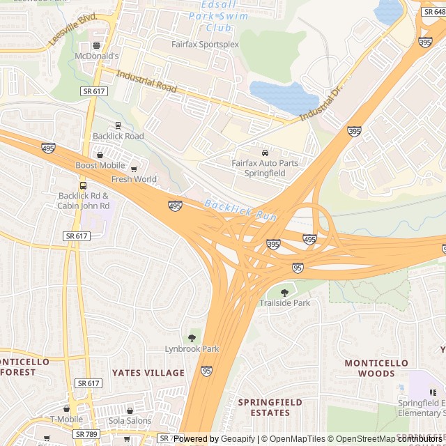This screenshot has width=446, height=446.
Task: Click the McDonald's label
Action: click(98, 56)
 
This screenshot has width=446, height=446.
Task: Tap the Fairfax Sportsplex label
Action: click(205, 44)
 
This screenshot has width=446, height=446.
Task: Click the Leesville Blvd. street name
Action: click(72, 30)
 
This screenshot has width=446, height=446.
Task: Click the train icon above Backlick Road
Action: click(118, 126)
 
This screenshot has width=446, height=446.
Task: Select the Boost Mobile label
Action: click(100, 165)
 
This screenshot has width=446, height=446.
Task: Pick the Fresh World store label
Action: click(134, 179)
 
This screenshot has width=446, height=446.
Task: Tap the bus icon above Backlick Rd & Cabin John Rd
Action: click(83, 186)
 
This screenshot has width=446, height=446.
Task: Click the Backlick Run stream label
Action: click(240, 210)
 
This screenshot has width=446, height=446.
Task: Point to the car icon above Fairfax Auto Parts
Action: click(265, 153)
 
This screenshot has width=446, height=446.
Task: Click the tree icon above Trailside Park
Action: click(284, 293)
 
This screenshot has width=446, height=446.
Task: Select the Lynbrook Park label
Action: click(192, 348)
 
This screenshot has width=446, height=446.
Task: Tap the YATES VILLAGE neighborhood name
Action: click(148, 373)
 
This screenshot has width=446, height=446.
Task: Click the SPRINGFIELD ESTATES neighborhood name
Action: click(270, 408)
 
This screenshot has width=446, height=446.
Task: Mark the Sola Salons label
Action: click(130, 420)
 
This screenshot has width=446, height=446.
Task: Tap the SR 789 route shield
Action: click(86, 434)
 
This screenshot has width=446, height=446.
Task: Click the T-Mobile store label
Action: click(66, 419)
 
